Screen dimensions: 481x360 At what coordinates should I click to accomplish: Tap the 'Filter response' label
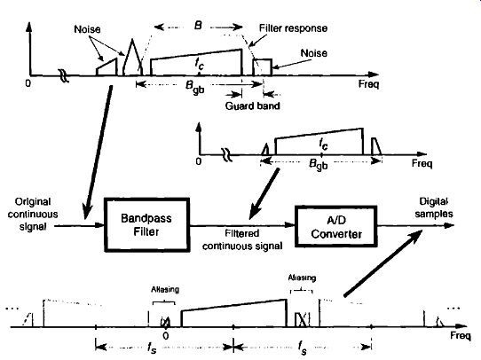pos(293,28)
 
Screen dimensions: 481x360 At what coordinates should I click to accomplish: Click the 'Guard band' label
pos(252,106)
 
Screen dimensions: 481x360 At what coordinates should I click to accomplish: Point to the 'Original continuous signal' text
pos(33,215)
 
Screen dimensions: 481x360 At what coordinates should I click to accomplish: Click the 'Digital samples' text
pos(434,207)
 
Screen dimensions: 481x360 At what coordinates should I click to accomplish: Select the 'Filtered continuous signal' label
pos(242,239)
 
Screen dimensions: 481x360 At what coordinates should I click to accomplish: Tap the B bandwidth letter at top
pos(198,25)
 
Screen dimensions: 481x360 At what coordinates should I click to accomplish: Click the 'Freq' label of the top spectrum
pos(368,83)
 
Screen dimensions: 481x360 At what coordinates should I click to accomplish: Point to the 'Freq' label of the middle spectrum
pos(422,163)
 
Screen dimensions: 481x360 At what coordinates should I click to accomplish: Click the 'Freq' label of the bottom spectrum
pos(460,335)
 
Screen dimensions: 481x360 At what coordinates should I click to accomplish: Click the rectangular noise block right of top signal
pos(263,67)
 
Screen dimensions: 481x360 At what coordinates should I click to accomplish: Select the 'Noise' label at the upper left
pos(87,29)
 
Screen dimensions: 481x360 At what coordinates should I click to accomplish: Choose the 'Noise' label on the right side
pos(313,53)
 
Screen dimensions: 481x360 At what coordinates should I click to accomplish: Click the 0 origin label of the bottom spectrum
pos(166,336)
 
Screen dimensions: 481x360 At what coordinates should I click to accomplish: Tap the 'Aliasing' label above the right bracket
pos(302,278)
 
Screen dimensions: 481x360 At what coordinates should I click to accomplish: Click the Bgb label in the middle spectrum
pos(318,165)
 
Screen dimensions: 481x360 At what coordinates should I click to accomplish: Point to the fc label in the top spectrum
pos(200,64)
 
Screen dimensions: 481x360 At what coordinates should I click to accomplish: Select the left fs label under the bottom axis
pos(152,348)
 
